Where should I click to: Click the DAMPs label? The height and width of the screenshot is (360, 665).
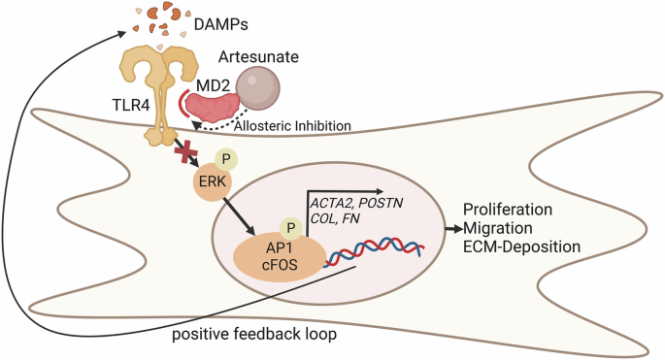pos(221,24)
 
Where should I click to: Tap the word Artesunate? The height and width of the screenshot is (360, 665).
pos(258,56)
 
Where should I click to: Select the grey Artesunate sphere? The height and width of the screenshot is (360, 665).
pos(258,89)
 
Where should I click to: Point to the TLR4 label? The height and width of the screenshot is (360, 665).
pos(131,105)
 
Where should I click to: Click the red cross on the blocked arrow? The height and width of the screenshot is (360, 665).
pos(185,153)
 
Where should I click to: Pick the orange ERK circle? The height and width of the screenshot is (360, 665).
pos(213,181)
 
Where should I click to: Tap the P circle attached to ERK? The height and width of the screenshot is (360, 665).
pos(226,159)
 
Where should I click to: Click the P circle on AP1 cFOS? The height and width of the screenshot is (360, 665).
pos(291,228)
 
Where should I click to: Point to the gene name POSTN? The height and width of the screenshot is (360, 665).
pos(381,203)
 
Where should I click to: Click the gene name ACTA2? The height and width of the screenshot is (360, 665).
pos(332,203)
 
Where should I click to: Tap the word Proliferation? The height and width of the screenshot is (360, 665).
pos(508,210)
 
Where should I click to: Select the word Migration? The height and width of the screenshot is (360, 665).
pos(497,228)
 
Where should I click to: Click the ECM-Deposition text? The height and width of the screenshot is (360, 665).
pos(521,246)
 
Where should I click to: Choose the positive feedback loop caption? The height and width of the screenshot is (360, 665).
pos(254,334)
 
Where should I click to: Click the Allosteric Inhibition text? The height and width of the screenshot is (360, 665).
pos(292,126)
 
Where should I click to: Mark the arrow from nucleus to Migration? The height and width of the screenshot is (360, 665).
pos(453,229)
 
